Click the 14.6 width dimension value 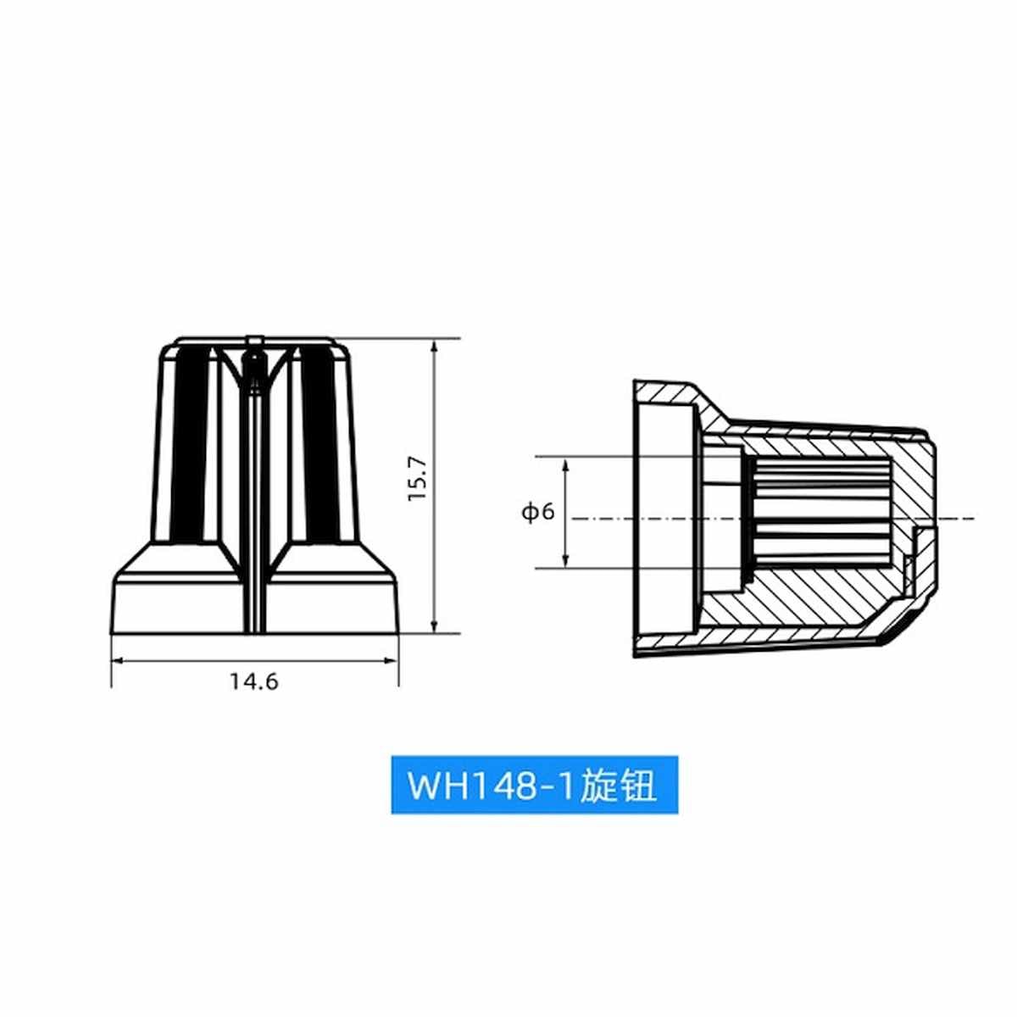tap(253, 682)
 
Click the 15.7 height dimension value tap(418, 478)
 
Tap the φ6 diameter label tap(538, 511)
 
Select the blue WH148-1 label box tap(534, 786)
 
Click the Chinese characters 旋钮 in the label tap(618, 786)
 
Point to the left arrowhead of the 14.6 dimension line tap(118, 660)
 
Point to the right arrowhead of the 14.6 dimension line tap(391, 660)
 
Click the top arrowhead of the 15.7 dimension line tap(434, 347)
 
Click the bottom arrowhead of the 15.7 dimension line tap(434, 625)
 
